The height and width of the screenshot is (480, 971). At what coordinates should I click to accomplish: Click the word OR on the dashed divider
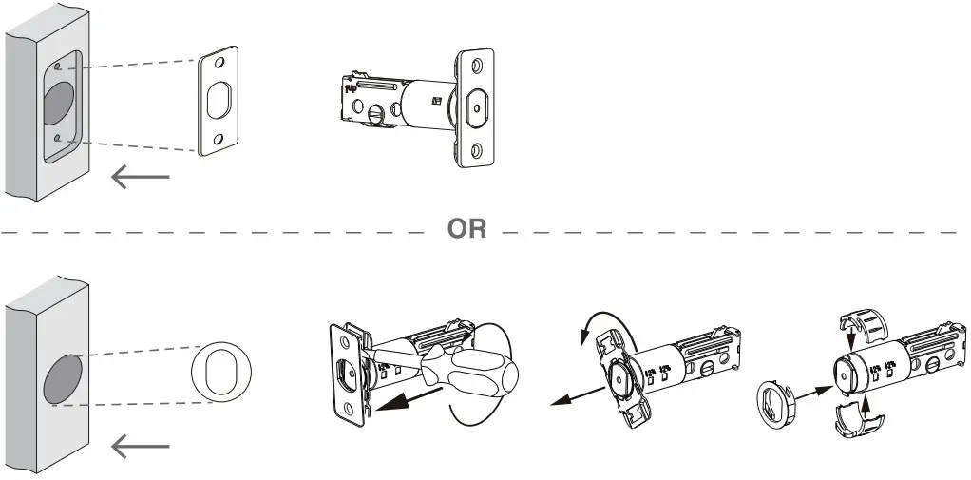466,230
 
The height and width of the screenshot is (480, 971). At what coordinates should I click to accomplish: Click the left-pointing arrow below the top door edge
140,177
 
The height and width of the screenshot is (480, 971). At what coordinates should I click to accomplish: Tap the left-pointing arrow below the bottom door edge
140,446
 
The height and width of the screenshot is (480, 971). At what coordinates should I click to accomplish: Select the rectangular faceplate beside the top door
219,100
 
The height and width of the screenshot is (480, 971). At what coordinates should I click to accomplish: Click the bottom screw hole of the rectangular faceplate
218,140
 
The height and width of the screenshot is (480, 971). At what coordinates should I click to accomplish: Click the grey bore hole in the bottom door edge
62,379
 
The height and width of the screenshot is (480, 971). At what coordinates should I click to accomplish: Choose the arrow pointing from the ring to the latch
812,389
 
